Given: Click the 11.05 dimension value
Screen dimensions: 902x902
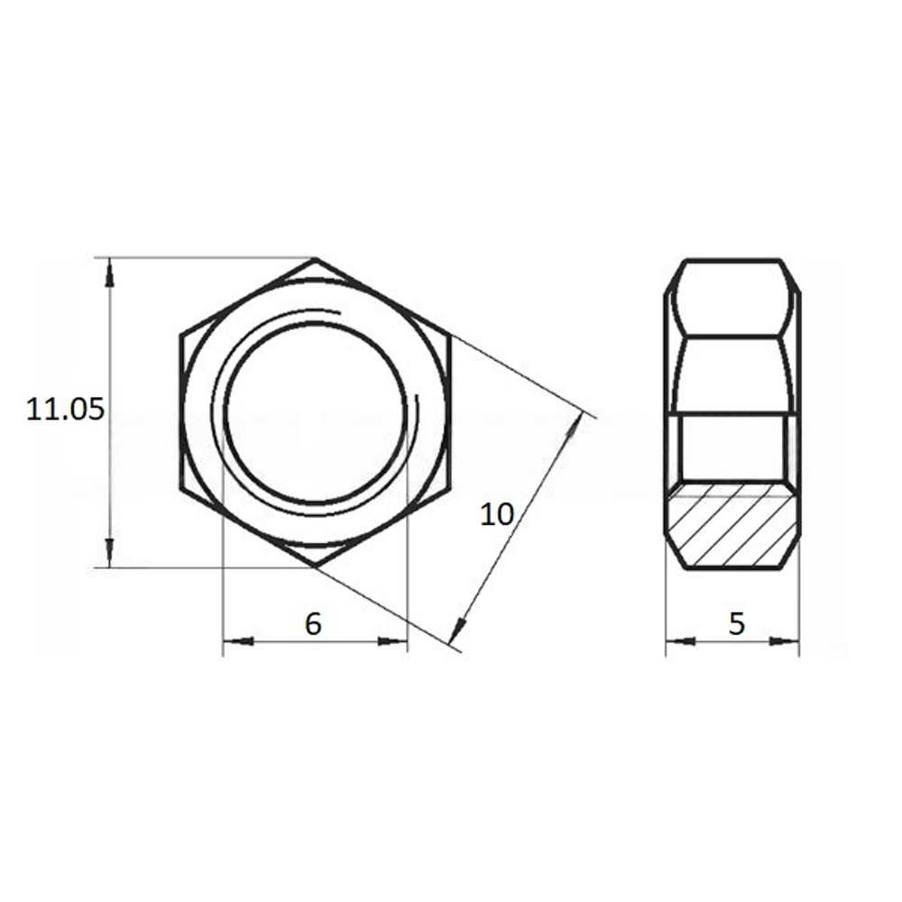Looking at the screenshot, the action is coord(66,410).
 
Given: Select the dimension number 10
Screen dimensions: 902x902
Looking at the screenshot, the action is coord(496,514).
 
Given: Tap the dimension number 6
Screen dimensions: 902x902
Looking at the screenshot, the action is coord(313,623).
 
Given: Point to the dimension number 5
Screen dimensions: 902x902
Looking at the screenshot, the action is coord(736,623).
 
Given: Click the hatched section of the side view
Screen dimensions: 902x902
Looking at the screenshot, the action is coord(732,524).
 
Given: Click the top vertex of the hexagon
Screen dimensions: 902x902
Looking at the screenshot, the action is coord(315,258).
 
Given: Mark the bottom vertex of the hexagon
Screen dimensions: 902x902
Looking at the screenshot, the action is coord(315,567).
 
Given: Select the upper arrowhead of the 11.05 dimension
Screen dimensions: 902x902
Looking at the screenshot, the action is coord(110,272).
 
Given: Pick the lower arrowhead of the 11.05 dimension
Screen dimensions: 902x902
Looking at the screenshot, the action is coord(110,553).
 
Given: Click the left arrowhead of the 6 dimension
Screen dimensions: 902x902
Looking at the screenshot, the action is coord(238,640).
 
